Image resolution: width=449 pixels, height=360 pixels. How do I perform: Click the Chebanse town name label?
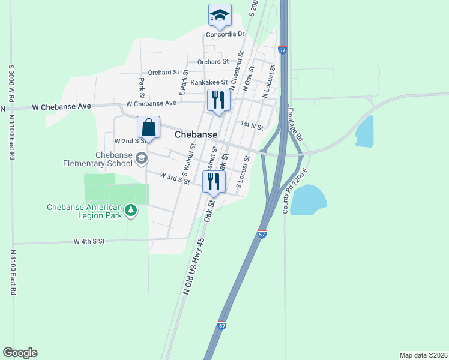pos(196,135)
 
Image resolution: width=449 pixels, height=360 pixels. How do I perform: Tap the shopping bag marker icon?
pos(148,127)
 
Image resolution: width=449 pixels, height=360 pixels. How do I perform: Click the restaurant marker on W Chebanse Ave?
pos(218,100)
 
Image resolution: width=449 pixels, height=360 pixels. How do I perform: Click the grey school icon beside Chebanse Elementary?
pos(142,158)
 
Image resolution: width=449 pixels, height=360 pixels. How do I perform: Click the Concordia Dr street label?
pos(225,34)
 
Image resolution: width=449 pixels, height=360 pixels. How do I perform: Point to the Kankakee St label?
pos(209,82)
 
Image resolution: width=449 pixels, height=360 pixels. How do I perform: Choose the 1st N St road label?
pos(252,126)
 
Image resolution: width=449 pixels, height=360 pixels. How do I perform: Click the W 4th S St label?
pos(89,241)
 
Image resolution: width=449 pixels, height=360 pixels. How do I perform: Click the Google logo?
pos(20,353)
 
